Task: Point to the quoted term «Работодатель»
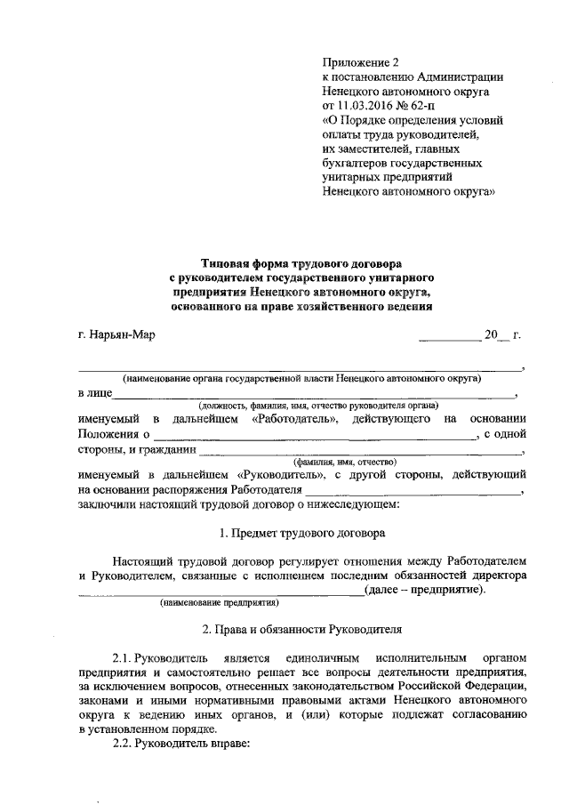296,419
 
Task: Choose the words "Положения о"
112,435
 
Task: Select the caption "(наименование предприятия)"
219,605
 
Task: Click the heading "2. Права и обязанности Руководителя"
301,630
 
